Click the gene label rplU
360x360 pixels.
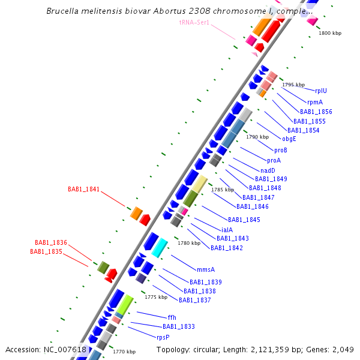pyautogui.click(x=322, y=91)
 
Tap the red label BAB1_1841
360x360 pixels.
pyautogui.click(x=83, y=189)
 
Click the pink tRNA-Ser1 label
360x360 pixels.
pyautogui.click(x=194, y=22)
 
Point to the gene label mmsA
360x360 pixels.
pyautogui.click(x=205, y=269)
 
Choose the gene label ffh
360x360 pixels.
pyautogui.click(x=172, y=317)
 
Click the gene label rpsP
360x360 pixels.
pyautogui.click(x=163, y=337)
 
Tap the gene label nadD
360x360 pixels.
pyautogui.click(x=268, y=170)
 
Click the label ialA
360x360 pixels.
pyautogui.click(x=227, y=230)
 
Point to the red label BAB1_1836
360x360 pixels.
pyautogui.click(x=51, y=242)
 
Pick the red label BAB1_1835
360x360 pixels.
pyautogui.click(x=46, y=251)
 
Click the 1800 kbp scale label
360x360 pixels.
pyautogui.click(x=330, y=34)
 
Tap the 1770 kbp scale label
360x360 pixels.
pyautogui.click(x=124, y=352)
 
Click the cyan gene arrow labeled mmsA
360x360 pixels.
pyautogui.click(x=160, y=247)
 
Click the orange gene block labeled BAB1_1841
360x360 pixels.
pyautogui.click(x=136, y=212)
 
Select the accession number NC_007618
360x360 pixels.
pyautogui.click(x=65, y=350)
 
